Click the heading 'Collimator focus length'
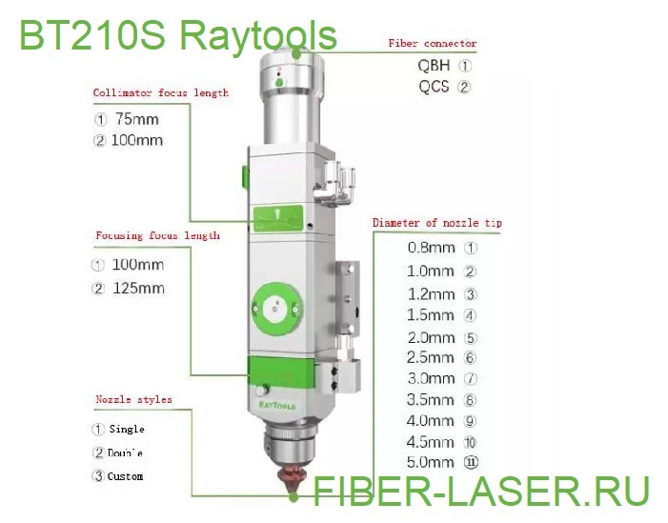tap(161, 92)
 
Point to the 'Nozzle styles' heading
tap(133, 399)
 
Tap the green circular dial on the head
tap(277, 308)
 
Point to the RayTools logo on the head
tap(277, 405)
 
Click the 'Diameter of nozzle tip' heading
tap(436, 223)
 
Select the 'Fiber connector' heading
tap(432, 44)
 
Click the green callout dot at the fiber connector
tap(296, 53)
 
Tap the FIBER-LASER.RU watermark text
tap(481, 491)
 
